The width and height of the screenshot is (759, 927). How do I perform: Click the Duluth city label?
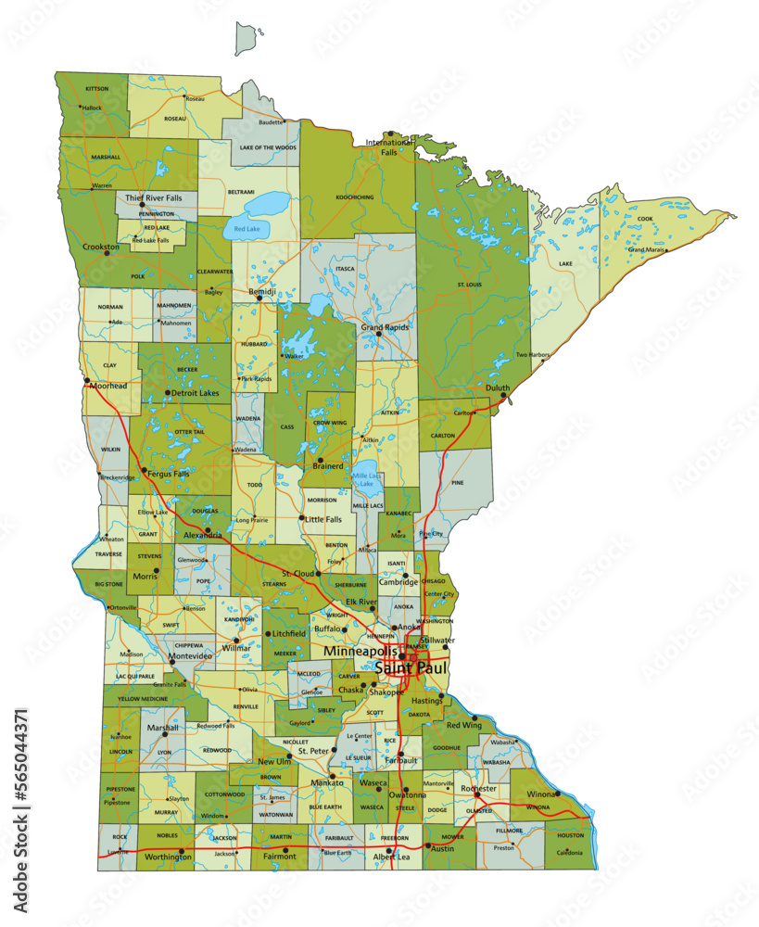pos(498,387)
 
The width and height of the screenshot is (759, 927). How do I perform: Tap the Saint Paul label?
pos(411,667)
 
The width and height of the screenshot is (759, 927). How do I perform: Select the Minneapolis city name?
pos(361,652)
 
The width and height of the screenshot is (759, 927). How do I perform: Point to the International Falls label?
pos(388,147)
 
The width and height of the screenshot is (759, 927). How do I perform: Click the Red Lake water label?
pos(247,228)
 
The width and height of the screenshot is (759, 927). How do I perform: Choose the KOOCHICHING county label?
pos(355,197)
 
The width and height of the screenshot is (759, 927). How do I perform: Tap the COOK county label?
pos(645,219)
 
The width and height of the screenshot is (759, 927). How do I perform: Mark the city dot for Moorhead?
pos(86,380)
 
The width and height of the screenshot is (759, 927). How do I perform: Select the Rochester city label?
pos(479,789)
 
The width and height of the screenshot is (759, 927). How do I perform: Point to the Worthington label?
pos(169,857)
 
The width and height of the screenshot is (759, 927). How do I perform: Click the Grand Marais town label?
pos(648,250)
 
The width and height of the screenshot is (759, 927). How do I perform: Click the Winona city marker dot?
pos(557,794)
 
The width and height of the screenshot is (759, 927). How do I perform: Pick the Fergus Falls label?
pos(168,474)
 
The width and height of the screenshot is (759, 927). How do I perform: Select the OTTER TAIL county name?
pos(189,432)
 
